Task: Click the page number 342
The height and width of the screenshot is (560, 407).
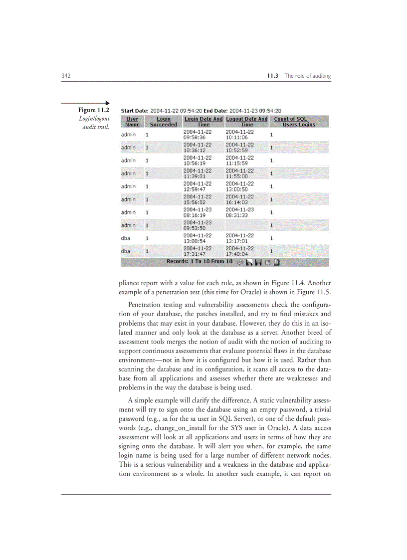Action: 65,76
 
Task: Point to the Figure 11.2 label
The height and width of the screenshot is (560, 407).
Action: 94,110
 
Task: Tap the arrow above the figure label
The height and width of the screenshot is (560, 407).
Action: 85,103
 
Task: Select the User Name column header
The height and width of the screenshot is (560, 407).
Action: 132,122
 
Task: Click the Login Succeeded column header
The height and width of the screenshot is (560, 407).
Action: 163,122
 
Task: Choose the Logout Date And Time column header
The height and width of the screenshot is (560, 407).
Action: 247,122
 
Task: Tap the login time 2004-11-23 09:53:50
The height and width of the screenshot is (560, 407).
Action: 197,225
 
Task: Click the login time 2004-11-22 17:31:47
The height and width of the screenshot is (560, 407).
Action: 197,251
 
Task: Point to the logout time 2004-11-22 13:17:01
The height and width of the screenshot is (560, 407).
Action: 239,238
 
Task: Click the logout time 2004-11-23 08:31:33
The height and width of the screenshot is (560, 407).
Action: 239,212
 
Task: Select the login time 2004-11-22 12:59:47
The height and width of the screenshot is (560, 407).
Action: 197,187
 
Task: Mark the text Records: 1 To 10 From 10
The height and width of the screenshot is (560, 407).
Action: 200,261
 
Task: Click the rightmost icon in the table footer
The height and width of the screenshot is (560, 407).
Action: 277,262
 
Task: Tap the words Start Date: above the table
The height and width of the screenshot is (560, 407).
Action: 135,111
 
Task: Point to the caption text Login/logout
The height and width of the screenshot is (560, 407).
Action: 94,119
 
